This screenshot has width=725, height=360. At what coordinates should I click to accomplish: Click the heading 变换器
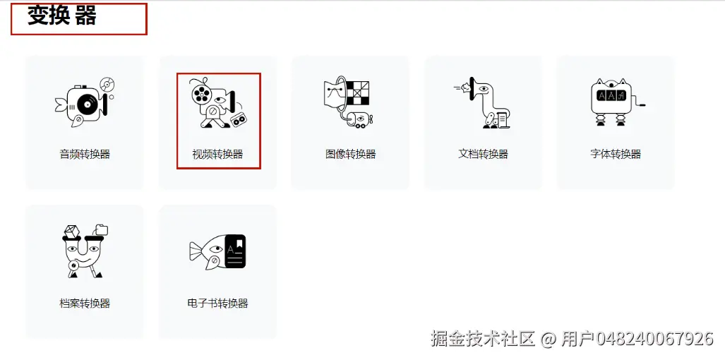tap(61, 16)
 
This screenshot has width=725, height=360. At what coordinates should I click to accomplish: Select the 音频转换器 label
tap(85, 154)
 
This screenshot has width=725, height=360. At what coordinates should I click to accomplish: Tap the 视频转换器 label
tap(217, 154)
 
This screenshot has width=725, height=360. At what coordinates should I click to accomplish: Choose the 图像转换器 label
tap(351, 154)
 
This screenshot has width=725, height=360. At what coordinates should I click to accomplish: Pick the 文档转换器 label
tap(483, 154)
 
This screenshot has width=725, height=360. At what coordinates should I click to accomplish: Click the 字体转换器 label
tap(616, 154)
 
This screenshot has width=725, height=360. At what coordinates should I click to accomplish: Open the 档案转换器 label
tap(85, 304)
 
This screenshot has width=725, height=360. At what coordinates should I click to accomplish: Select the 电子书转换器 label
tap(217, 304)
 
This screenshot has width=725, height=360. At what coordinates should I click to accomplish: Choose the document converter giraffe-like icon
tap(484, 102)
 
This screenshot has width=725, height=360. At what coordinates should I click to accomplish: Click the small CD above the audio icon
tap(107, 85)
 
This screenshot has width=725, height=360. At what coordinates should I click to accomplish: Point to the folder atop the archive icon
tap(101, 229)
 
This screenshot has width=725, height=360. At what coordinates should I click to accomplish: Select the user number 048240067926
tap(655, 339)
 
